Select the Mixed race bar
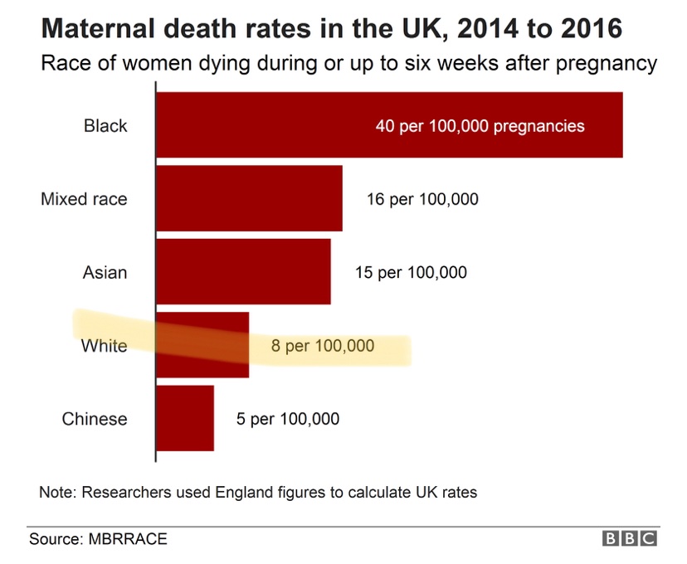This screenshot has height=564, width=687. pyautogui.click(x=249, y=198)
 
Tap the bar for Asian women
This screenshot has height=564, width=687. pyautogui.click(x=243, y=271)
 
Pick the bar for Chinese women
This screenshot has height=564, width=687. pyautogui.click(x=185, y=418)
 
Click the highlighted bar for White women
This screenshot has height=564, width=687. pyautogui.click(x=202, y=345)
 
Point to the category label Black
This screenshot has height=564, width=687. pyautogui.click(x=105, y=126)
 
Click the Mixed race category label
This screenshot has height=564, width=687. pyautogui.click(x=84, y=199)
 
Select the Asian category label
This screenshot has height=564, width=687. pyautogui.click(x=105, y=272)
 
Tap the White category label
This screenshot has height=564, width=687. pyautogui.click(x=104, y=345)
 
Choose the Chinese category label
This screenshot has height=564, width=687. pyautogui.click(x=95, y=418)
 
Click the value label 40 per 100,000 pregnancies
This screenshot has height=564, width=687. pyautogui.click(x=480, y=126)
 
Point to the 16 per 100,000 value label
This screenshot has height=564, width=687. pyautogui.click(x=422, y=199)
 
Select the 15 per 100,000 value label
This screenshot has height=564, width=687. pyautogui.click(x=411, y=272)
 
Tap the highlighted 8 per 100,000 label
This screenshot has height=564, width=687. pyautogui.click(x=323, y=345)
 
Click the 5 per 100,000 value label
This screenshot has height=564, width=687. pyautogui.click(x=287, y=419)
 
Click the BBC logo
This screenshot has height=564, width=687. pyautogui.click(x=630, y=538)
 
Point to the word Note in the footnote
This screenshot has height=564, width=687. pyautogui.click(x=56, y=492)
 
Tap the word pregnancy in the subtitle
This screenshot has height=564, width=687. pyautogui.click(x=607, y=64)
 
